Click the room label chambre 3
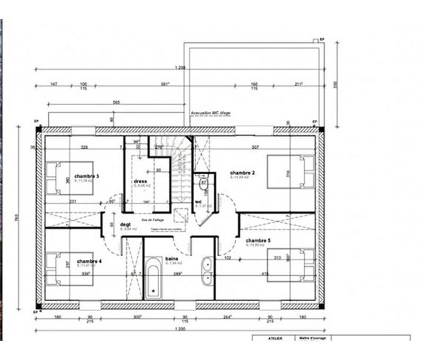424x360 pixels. pyautogui.click(x=87, y=176)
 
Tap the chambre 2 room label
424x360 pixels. pyautogui.click(x=243, y=173)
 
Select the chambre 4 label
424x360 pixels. pyautogui.click(x=89, y=262)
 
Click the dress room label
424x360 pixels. pyautogui.click(x=140, y=182)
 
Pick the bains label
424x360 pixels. pyautogui.click(x=171, y=259)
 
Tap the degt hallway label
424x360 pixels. pyautogui.click(x=126, y=224)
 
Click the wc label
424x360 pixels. pyautogui.click(x=198, y=202)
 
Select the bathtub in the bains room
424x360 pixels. pyautogui.click(x=153, y=277)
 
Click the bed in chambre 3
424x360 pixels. pyautogui.click(x=69, y=178)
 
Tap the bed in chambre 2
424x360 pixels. pyautogui.click(x=290, y=172)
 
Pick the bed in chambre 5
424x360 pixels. pyautogui.click(x=290, y=265)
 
